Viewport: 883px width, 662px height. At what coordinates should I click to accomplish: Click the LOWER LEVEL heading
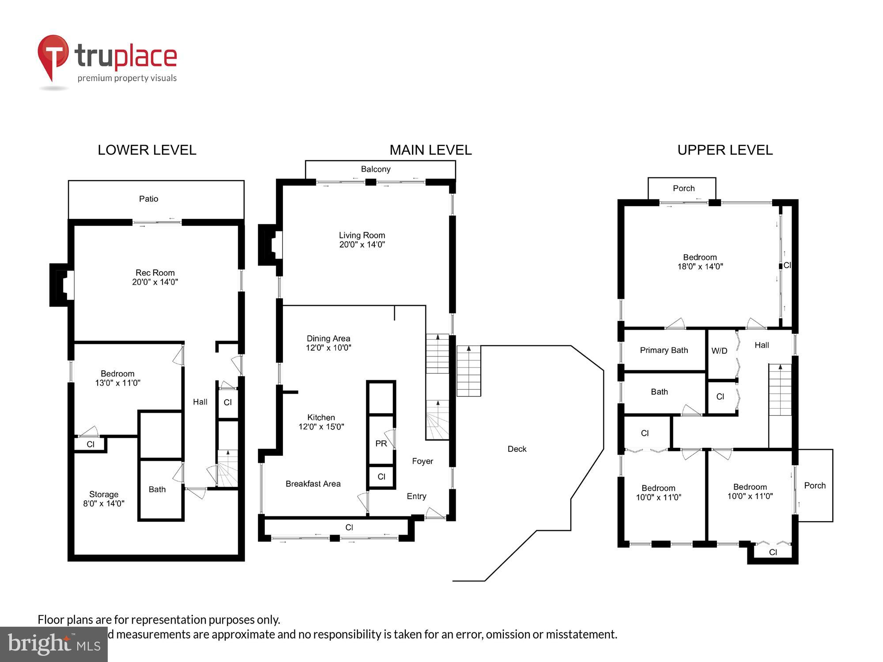(x=147, y=150)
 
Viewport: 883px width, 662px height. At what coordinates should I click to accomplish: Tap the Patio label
(x=148, y=199)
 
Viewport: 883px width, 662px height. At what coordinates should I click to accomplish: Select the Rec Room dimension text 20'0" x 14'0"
(x=155, y=282)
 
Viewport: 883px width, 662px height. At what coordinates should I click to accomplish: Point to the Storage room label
(x=104, y=494)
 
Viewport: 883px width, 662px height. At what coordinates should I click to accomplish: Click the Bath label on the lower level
(x=157, y=489)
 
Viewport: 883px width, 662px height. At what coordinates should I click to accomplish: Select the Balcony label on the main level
(x=376, y=169)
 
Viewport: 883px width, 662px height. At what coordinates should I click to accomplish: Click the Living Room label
(x=362, y=235)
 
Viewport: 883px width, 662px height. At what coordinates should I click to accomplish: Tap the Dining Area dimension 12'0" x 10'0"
(x=328, y=348)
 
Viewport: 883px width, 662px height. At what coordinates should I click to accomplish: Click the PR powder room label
(x=381, y=444)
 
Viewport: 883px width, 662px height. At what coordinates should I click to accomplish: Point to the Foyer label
(x=423, y=461)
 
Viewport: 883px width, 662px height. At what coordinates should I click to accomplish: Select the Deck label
(x=517, y=449)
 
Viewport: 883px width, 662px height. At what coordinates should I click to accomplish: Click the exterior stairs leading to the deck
(x=468, y=371)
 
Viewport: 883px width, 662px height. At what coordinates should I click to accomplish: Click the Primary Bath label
(x=664, y=350)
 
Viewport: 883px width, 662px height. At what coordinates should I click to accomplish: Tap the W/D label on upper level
(x=719, y=351)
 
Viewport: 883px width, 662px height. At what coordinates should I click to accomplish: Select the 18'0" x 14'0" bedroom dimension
(x=700, y=267)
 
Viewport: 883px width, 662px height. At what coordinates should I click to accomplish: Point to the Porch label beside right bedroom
(x=815, y=485)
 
